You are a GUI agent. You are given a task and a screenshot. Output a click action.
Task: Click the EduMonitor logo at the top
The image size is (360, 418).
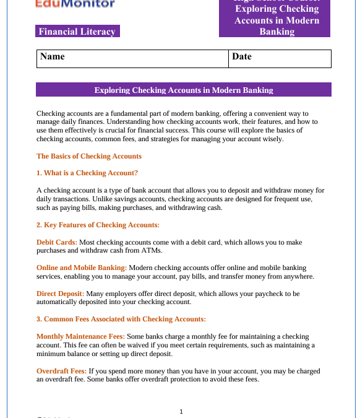tap(75, 4)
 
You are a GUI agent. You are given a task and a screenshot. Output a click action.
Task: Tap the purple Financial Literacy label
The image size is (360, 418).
tap(77, 32)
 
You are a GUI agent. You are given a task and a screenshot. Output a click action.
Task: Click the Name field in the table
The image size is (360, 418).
tap(132, 58)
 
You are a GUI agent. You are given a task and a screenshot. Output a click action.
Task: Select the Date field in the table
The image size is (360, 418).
tap(280, 58)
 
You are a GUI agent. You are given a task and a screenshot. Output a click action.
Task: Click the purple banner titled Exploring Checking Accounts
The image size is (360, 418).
tap(183, 90)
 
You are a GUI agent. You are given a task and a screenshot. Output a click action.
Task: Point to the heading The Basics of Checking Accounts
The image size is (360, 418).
tap(89, 156)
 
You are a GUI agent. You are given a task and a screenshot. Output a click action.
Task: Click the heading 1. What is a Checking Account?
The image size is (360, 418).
tap(87, 173)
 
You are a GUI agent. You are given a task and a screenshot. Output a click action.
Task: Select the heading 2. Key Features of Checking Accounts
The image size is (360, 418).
tap(98, 225)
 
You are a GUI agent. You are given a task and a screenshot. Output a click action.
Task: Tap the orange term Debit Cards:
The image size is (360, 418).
tap(57, 242)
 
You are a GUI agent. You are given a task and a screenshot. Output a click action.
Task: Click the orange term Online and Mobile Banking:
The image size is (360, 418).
tap(82, 268)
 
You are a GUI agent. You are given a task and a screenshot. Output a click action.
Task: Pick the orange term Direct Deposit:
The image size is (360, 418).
tap(61, 294)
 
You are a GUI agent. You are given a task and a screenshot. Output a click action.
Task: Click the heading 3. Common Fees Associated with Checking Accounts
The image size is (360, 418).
tap(121, 319)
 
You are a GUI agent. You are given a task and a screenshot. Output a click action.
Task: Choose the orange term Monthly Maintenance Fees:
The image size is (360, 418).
tap(80, 336)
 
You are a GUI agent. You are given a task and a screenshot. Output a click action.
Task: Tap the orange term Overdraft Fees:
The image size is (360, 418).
tap(61, 372)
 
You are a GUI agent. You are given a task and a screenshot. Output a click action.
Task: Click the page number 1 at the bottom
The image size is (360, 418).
tap(181, 411)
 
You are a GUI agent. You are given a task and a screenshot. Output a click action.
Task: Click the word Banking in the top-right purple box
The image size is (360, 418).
tap(276, 32)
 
